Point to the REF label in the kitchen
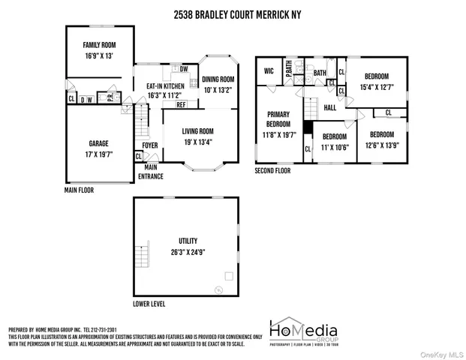(x=181, y=105)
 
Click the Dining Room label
(x=218, y=79)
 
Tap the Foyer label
(x=149, y=146)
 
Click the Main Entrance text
(x=151, y=172)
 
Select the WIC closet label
(x=268, y=72)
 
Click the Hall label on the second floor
(x=329, y=108)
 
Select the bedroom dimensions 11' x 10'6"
(x=334, y=146)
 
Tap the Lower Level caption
(x=149, y=304)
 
